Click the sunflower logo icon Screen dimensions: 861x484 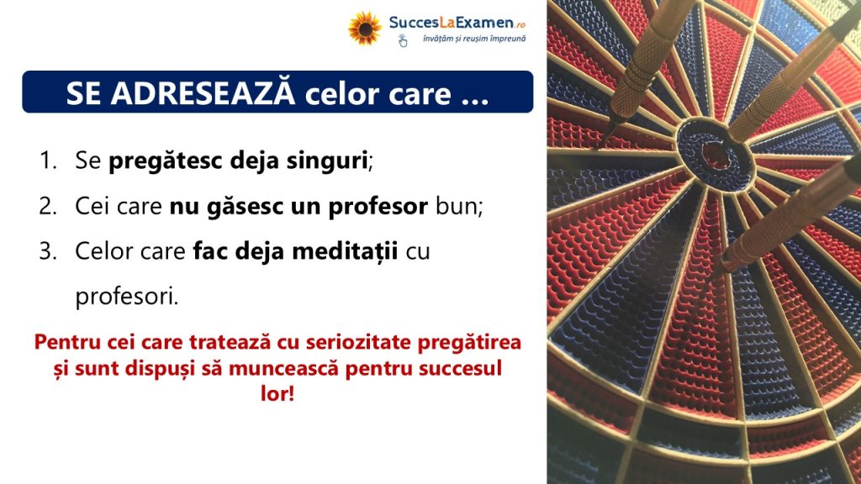point(365,28)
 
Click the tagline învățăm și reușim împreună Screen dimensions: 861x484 point(474,39)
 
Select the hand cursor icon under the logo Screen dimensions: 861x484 point(403,41)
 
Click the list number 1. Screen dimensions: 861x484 point(48,160)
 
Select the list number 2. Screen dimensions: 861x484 point(48,207)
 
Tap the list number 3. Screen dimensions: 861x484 point(48,251)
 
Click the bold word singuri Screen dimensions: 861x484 point(327,161)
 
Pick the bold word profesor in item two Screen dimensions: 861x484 point(378,208)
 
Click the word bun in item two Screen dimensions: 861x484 point(457,207)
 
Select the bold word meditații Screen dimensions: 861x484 point(344,251)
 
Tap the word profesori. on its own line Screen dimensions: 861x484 point(127,297)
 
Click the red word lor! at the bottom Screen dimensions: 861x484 point(277,393)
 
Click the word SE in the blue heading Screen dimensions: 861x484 point(83,94)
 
